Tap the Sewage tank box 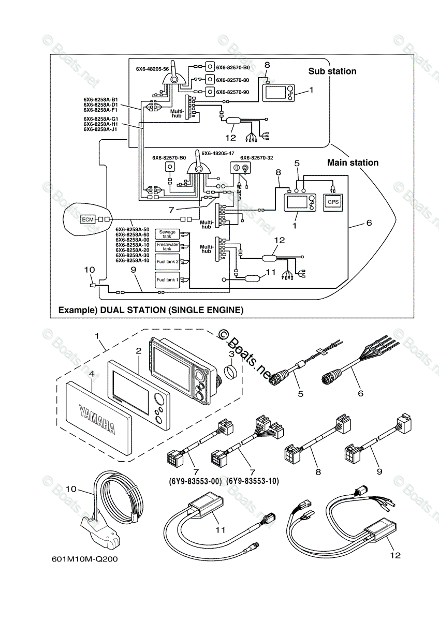(x=167, y=234)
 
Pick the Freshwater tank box (x=167, y=246)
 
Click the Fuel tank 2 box (x=167, y=262)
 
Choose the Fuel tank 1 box (x=167, y=279)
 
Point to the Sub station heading (x=332, y=71)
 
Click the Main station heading (x=353, y=162)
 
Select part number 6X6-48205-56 (x=152, y=69)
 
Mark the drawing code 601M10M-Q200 (x=81, y=559)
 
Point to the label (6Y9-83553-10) (x=253, y=481)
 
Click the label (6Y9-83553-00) (x=195, y=481)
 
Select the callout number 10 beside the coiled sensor (x=71, y=488)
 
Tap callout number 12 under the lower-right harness (x=396, y=555)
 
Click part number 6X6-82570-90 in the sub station (x=232, y=92)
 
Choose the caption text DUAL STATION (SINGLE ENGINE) (x=171, y=310)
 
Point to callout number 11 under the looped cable (x=221, y=530)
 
